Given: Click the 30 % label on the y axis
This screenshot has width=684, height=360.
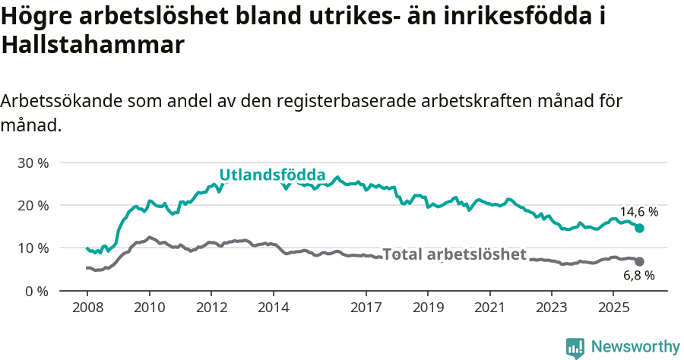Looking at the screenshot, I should pos(33,163).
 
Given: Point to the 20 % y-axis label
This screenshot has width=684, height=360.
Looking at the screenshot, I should pos(33,206).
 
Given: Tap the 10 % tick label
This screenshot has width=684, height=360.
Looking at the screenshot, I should pos(33,248).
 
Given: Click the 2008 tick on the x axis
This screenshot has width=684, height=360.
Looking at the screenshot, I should pos(87,308).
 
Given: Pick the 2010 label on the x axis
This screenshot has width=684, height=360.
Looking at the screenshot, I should pos(149,308).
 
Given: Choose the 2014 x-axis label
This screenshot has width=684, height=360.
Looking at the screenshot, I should pos(273,308).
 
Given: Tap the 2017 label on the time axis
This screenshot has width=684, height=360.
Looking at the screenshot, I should pos(366,308).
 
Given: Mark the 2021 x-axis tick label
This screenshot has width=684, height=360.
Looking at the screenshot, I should pos(489,308).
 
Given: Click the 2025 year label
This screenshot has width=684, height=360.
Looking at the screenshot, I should pos(613,308).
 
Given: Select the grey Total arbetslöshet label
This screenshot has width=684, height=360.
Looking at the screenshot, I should pos(454,254).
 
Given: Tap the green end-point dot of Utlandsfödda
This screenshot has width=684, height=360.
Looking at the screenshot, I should pos(639,229).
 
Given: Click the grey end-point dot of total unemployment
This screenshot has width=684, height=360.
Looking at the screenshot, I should pos(639,262).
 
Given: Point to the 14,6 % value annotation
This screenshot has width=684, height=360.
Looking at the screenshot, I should pos(638,212).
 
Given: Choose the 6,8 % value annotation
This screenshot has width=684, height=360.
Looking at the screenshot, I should pos(638,276).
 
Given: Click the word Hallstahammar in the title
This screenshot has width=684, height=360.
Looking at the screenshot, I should pos(93,45).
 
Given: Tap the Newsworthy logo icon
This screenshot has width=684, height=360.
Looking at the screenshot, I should pos(575,347).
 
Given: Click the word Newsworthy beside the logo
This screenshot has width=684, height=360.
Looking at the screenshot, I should pos(635,347).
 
